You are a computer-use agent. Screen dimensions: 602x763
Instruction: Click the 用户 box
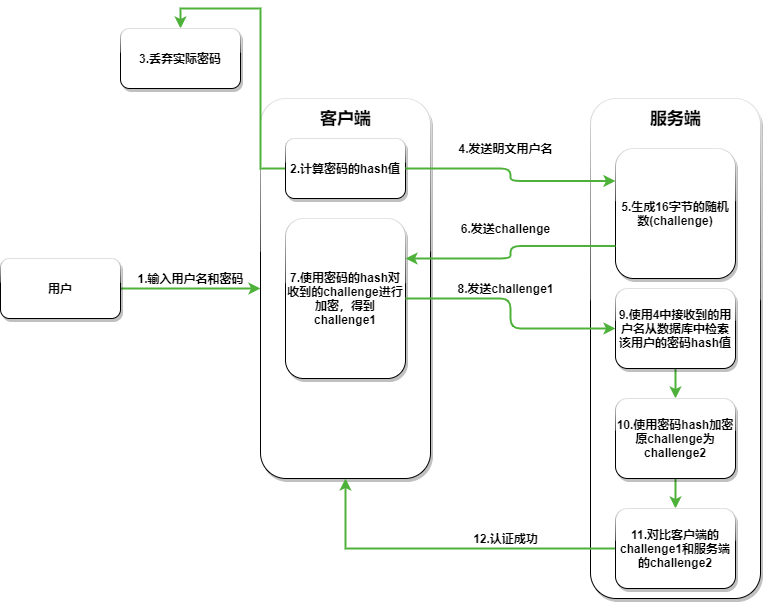pyautogui.click(x=60, y=289)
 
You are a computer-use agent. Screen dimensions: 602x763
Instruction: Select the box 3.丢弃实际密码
pyautogui.click(x=180, y=58)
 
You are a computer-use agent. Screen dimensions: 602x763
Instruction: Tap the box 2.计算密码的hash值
pyautogui.click(x=345, y=168)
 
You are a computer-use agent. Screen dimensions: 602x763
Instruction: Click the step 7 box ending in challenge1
pyautogui.click(x=345, y=299)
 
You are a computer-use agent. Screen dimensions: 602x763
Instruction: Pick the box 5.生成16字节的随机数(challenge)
pyautogui.click(x=675, y=212)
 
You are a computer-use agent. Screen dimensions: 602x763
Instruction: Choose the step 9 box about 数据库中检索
pyautogui.click(x=675, y=328)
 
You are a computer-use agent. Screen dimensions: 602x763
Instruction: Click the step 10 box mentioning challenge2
pyautogui.click(x=675, y=439)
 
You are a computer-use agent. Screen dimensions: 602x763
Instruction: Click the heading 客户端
pyautogui.click(x=345, y=118)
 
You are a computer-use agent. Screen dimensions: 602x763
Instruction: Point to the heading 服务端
pyautogui.click(x=675, y=118)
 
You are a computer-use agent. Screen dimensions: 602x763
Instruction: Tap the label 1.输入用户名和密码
pyautogui.click(x=190, y=278)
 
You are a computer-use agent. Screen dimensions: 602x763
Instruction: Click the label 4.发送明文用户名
pyautogui.click(x=506, y=149)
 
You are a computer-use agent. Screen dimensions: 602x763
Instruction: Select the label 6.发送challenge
pyautogui.click(x=506, y=229)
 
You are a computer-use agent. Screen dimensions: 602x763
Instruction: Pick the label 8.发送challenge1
pyautogui.click(x=506, y=288)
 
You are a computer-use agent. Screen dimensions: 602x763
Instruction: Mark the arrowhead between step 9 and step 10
pyautogui.click(x=675, y=391)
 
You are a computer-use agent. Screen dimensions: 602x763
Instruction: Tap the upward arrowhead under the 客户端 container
pyautogui.click(x=345, y=485)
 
